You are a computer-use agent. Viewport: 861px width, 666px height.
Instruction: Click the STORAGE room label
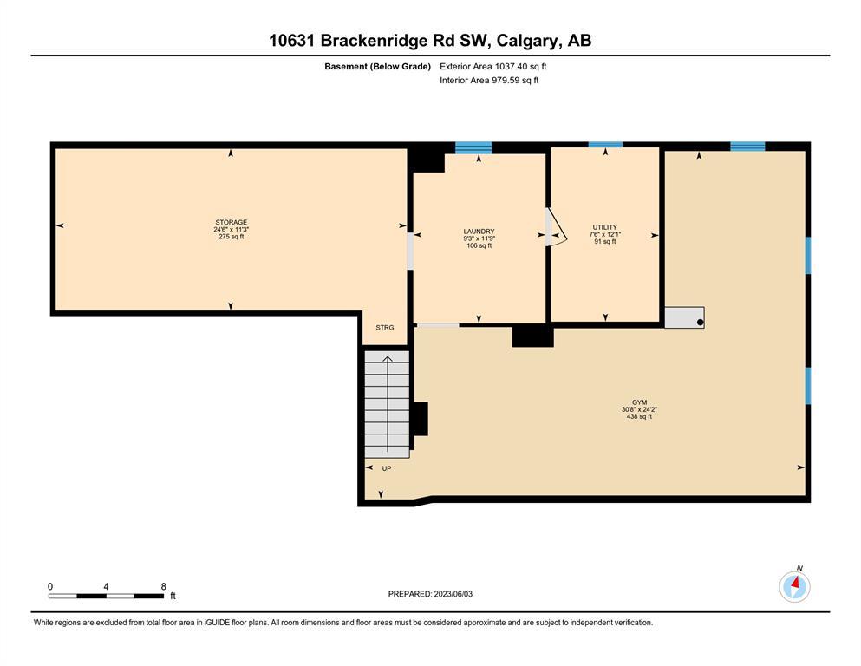click(231, 222)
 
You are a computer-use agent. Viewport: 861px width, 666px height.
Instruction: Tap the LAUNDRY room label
click(479, 232)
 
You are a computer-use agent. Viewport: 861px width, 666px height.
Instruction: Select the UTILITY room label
click(604, 227)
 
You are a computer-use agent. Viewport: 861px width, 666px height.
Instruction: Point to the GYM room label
click(639, 402)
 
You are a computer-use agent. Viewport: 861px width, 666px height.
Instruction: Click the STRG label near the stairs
click(384, 327)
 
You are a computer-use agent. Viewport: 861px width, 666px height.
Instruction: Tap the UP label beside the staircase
click(387, 468)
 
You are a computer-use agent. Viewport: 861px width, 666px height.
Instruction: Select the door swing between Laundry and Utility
click(556, 226)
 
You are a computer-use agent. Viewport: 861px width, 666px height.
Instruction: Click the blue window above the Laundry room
click(473, 147)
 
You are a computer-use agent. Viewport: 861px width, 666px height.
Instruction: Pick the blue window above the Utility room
click(605, 145)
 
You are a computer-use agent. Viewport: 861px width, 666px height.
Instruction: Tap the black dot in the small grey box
click(700, 323)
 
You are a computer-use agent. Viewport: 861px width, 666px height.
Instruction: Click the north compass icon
click(794, 586)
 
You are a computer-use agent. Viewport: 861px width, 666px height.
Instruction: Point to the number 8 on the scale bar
click(163, 586)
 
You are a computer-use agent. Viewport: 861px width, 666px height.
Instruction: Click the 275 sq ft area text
click(231, 237)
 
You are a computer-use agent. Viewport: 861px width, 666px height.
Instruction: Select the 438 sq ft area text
click(639, 417)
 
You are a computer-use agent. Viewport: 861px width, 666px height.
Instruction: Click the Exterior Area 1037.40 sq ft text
click(493, 67)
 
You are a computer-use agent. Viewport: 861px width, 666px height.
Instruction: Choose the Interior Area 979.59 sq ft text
click(489, 80)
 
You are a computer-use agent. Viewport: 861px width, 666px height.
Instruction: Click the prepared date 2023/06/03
click(453, 594)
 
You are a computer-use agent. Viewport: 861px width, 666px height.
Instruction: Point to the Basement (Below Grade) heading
click(377, 67)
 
